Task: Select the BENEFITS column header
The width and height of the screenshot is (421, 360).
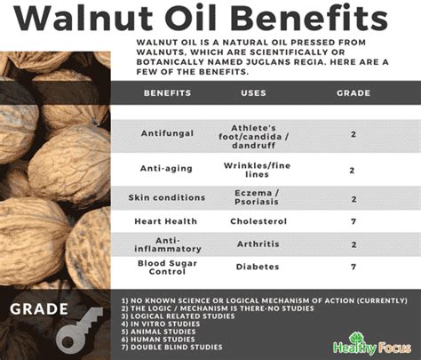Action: [x=168, y=93]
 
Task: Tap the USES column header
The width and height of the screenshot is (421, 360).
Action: [x=253, y=93]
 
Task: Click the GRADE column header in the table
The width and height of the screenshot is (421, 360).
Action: [x=353, y=93]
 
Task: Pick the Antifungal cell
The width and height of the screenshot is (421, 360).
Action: [x=167, y=133]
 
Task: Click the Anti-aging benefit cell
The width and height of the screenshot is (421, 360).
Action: [x=166, y=169]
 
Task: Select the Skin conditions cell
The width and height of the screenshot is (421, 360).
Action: [x=167, y=197]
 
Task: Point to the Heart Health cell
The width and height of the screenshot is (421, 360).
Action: [x=166, y=221]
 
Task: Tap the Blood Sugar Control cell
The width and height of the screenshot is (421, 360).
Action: [x=167, y=268]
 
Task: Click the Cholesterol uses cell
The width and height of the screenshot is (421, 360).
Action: [x=258, y=221]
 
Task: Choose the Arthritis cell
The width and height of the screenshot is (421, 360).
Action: [x=258, y=244]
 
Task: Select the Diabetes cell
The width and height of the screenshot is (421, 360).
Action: [x=258, y=267]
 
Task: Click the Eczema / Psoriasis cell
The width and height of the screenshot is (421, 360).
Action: [x=257, y=197]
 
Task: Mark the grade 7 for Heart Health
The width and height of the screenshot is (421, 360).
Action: [x=353, y=221]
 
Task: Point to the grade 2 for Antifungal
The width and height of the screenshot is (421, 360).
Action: [x=353, y=134]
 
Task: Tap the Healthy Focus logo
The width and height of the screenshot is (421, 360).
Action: [x=372, y=344]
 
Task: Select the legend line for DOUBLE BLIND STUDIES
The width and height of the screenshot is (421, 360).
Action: [x=171, y=348]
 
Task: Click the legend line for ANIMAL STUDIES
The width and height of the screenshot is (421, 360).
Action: [x=158, y=332]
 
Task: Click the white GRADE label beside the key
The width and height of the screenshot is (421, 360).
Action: [x=39, y=309]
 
